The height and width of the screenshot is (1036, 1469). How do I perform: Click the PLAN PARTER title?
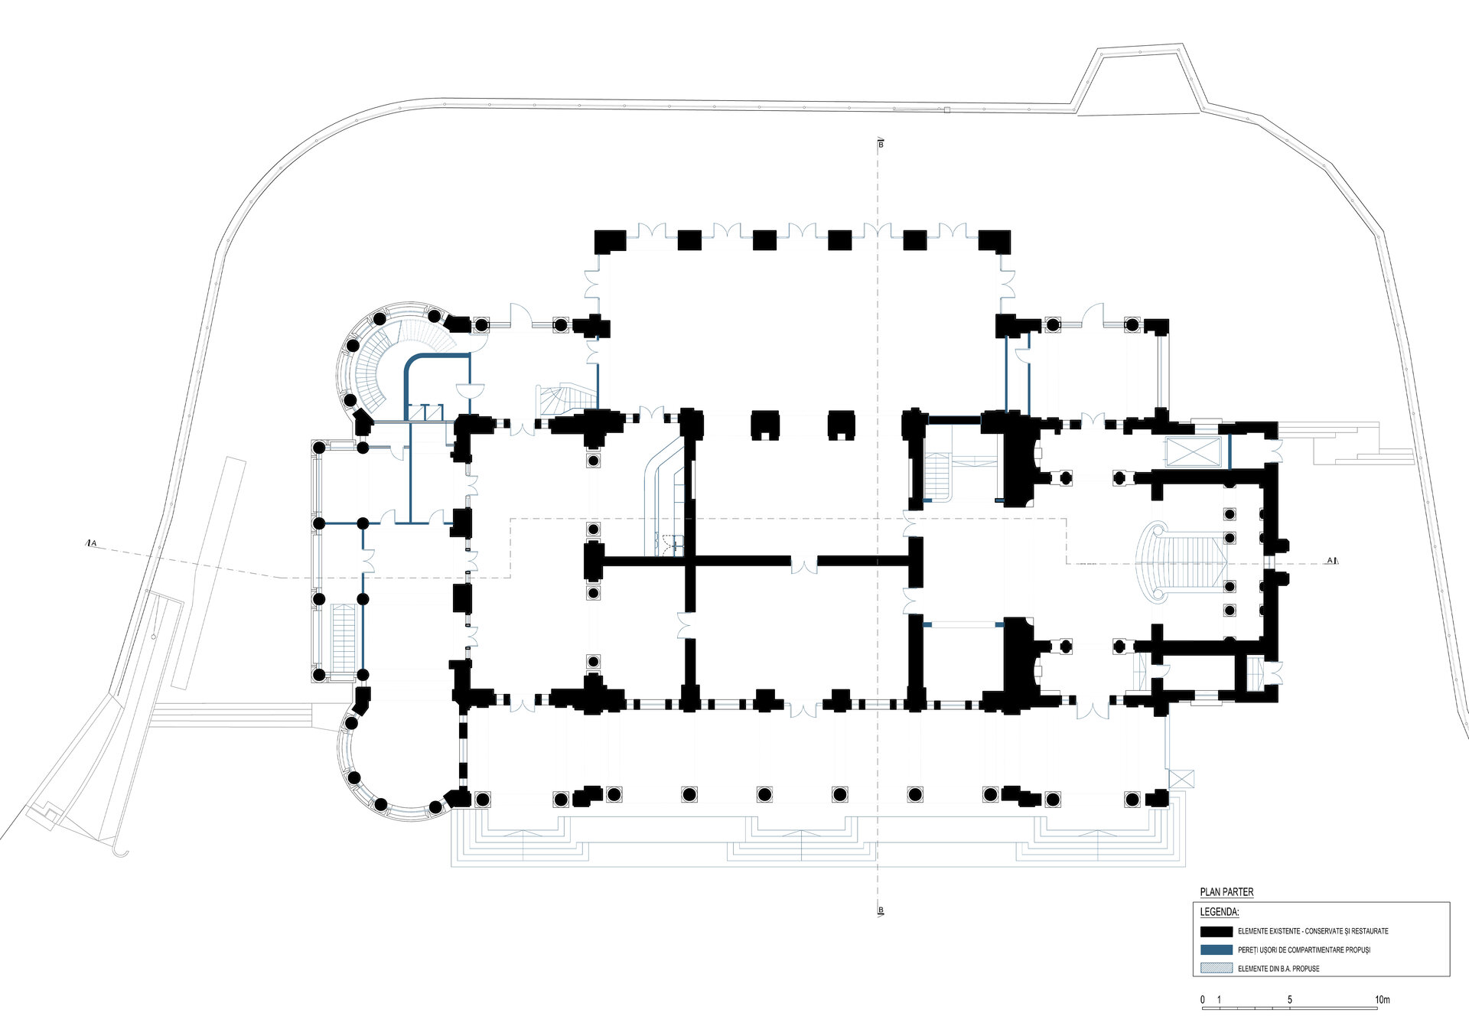coord(1226,892)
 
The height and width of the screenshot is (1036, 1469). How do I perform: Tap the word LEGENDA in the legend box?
coord(1219,912)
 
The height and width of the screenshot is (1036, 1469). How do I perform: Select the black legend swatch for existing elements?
coord(1216,931)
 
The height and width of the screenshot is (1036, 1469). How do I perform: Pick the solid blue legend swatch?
coord(1216,950)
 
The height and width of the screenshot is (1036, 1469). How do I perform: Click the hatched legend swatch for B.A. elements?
coord(1216,968)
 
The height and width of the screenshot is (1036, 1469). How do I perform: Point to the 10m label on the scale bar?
coord(1382,1000)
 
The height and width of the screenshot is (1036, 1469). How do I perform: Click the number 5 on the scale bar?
coord(1290,1000)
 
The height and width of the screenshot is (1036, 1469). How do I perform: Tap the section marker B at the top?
coord(881,144)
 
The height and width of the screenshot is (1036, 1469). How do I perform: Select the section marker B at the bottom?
coord(881,911)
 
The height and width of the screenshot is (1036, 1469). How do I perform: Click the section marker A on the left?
coord(92,543)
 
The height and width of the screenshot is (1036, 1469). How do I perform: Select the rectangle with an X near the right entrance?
coord(1191,451)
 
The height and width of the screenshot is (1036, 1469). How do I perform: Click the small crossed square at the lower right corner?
coord(1181,780)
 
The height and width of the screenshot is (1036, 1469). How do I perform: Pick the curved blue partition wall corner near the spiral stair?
coord(412,363)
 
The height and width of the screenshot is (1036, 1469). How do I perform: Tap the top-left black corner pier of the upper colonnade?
coord(610,241)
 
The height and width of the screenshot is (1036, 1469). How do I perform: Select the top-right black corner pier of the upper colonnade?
coord(995,241)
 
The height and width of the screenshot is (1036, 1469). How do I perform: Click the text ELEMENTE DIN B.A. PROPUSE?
coord(1278,969)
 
